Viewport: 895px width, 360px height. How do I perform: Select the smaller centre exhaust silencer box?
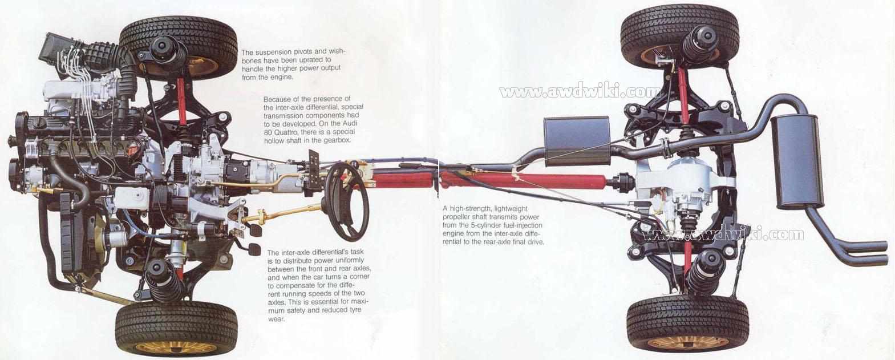[576, 141]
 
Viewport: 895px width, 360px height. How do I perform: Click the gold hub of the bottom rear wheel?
[688, 342]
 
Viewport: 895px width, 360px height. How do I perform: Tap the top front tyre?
[179, 46]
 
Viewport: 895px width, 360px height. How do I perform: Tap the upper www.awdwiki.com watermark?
[580, 92]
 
